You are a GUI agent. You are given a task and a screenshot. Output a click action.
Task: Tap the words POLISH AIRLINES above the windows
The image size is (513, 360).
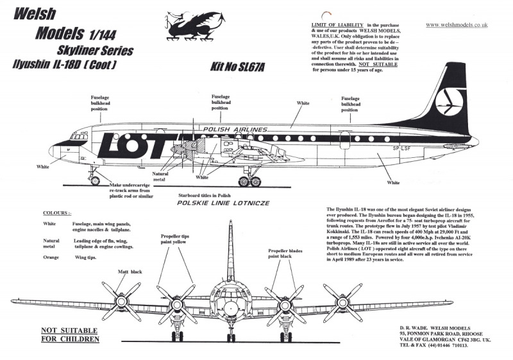[234, 130]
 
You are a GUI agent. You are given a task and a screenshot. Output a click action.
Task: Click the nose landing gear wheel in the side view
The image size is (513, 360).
[96, 181]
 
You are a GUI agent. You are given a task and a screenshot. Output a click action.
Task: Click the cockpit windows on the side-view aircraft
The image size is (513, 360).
[79, 137]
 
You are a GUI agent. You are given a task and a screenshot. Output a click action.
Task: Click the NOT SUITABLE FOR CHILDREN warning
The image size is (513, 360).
[70, 334]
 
